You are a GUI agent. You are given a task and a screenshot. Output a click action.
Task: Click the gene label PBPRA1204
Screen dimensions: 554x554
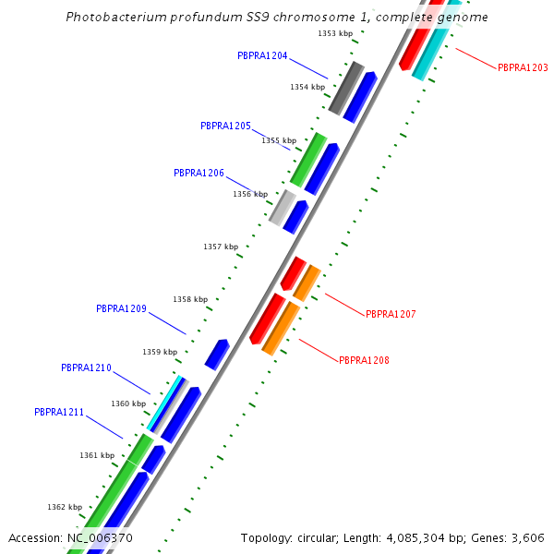coord(262,55)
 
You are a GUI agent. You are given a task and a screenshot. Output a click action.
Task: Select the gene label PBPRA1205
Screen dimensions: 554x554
coord(225,126)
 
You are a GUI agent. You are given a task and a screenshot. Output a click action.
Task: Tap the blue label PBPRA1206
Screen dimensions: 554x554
coord(199,173)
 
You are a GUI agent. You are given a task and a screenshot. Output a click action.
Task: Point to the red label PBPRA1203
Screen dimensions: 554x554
coord(523,67)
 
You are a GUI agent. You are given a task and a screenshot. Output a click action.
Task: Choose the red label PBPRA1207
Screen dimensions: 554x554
coord(391,314)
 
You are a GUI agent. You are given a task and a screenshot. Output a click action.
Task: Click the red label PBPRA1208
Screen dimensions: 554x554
coord(364,359)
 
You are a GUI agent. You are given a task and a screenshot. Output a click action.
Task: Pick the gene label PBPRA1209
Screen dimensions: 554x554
coord(121,308)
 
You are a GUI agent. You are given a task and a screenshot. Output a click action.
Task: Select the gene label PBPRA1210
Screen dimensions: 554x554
coord(86,367)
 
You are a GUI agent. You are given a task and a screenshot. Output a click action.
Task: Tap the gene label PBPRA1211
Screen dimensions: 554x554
coord(59,412)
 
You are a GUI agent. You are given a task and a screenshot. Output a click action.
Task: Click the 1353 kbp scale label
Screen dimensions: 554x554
coord(335,33)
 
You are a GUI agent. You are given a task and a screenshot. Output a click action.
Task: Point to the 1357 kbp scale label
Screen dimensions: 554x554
coord(221,247)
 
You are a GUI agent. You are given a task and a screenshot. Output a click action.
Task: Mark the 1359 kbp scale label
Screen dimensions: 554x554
coord(160,352)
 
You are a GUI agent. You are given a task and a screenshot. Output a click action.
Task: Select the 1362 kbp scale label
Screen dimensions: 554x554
coord(65,507)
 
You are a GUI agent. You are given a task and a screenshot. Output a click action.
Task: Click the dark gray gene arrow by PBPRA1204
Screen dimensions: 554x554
coord(346,88)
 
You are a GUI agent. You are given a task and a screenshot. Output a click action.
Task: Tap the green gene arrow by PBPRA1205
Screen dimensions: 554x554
coord(308,159)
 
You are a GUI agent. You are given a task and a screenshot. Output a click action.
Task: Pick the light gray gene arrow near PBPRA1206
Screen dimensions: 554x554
coord(283,208)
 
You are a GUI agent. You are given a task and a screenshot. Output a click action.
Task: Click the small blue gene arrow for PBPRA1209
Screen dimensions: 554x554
coord(217,354)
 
